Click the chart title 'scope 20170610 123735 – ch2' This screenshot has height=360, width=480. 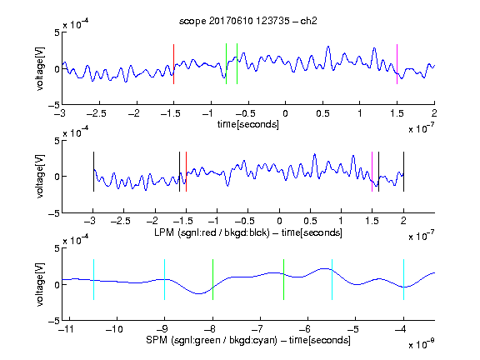(248, 21)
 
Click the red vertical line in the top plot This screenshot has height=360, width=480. (174, 64)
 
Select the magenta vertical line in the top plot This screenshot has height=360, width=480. (397, 64)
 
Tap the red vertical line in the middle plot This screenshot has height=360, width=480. (186, 172)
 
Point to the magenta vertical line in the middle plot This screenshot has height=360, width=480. (372, 172)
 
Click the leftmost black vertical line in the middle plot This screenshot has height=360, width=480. (93, 172)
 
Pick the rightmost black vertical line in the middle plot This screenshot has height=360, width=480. (403, 172)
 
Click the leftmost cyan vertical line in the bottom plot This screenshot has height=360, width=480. (93, 279)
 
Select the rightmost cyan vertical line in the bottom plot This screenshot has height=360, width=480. (403, 279)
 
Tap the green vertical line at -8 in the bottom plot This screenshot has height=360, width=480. (212, 279)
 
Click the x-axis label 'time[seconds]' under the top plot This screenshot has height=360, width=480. (248, 124)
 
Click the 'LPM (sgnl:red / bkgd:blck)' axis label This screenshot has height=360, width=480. (212, 232)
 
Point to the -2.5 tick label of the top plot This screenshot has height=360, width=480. (96, 113)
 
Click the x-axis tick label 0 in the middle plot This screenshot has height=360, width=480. (279, 221)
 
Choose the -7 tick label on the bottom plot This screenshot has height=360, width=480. (260, 329)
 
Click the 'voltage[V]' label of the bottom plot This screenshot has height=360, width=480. (40, 284)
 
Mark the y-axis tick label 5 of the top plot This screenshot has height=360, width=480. (57, 32)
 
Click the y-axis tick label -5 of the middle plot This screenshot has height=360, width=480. (54, 213)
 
